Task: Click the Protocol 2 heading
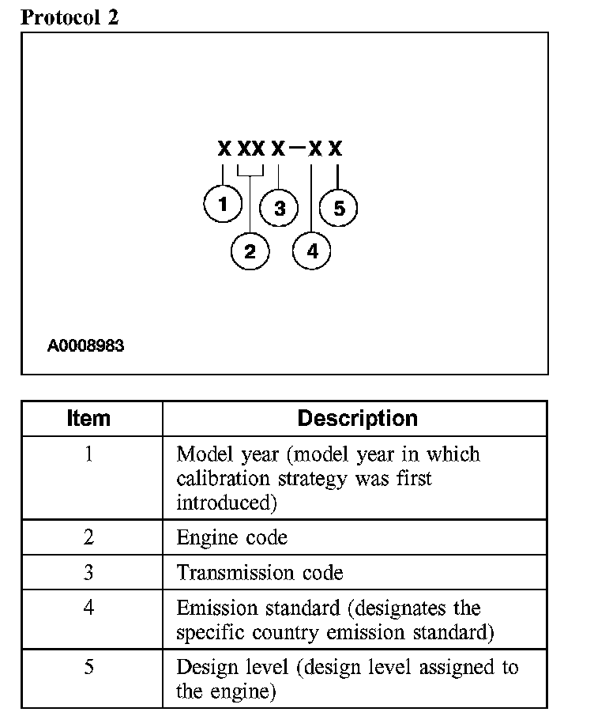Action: (x=70, y=17)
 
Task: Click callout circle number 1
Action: (x=224, y=205)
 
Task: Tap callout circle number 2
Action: (x=250, y=252)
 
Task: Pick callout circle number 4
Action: (x=312, y=252)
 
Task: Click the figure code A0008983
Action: (x=85, y=345)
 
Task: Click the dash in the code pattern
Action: (x=296, y=148)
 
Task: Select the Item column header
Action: (x=89, y=418)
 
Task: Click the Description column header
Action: (x=357, y=418)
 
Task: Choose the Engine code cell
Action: (x=231, y=538)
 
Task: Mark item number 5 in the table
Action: (x=89, y=668)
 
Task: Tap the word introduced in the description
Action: (x=219, y=503)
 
